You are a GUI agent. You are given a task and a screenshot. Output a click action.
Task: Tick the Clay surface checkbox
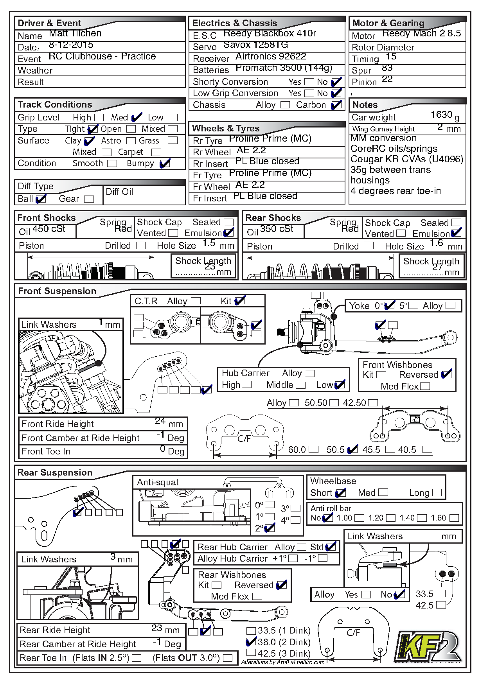[89, 141]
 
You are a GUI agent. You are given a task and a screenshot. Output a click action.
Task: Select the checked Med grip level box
[136, 117]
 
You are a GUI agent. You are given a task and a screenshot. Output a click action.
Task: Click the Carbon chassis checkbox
[336, 105]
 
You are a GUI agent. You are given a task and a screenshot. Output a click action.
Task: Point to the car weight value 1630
[441, 115]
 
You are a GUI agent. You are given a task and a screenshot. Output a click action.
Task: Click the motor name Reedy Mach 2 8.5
[421, 34]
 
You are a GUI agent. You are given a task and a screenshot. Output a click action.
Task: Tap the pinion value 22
[387, 79]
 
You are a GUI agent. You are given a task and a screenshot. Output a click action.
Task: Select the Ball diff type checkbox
[41, 199]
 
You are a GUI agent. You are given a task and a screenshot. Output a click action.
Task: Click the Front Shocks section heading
[47, 218]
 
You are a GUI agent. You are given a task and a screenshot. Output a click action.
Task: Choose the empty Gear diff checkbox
[89, 199]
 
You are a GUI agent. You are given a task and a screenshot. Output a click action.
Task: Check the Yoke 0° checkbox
[389, 306]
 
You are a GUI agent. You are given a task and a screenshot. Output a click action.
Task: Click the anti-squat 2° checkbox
[270, 528]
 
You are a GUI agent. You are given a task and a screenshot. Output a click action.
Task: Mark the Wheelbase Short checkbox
[340, 493]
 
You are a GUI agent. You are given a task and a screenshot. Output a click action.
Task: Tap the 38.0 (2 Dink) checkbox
[251, 642]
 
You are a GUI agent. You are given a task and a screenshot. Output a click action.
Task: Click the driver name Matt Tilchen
[75, 34]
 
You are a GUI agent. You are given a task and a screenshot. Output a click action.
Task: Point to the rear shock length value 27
[437, 267]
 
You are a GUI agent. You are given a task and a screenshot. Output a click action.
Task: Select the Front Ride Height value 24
[160, 421]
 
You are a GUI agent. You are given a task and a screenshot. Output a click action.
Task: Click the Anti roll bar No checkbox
[327, 518]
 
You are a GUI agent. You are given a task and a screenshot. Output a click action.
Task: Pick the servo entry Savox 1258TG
[255, 45]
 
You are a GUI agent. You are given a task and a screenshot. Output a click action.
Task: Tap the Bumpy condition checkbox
[165, 163]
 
